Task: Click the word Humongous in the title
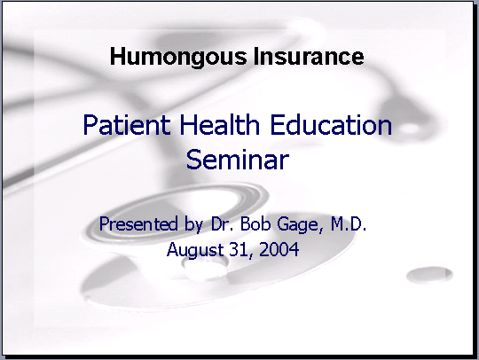178,57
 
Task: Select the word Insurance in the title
309,56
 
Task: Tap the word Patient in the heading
127,124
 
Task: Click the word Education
331,124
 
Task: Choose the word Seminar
238,159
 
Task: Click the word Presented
138,223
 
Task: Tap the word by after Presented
193,224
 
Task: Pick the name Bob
255,223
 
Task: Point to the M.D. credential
349,223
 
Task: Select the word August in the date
195,250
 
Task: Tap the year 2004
279,249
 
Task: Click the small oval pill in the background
429,274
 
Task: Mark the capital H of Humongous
117,56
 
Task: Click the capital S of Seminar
193,159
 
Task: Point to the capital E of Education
278,124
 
